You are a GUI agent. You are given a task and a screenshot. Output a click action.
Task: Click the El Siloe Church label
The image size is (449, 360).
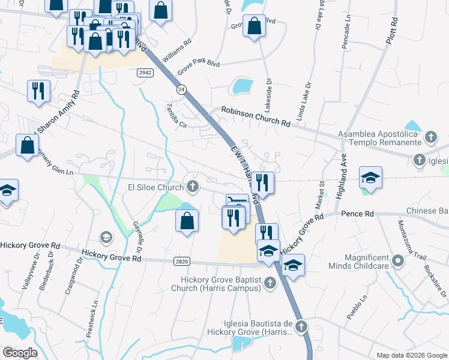point(155,187)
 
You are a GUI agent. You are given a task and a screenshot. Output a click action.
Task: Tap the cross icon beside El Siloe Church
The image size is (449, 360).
point(193,187)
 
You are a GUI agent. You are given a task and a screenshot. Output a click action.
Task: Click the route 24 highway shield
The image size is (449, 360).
point(181,89)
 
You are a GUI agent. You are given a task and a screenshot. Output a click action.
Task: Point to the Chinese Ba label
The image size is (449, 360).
point(427,211)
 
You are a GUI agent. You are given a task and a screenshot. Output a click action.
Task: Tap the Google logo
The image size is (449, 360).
point(19,353)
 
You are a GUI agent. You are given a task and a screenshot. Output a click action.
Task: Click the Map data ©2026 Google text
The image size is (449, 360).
point(411,355)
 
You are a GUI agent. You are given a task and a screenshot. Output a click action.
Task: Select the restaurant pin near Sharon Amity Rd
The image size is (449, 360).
point(38,91)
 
